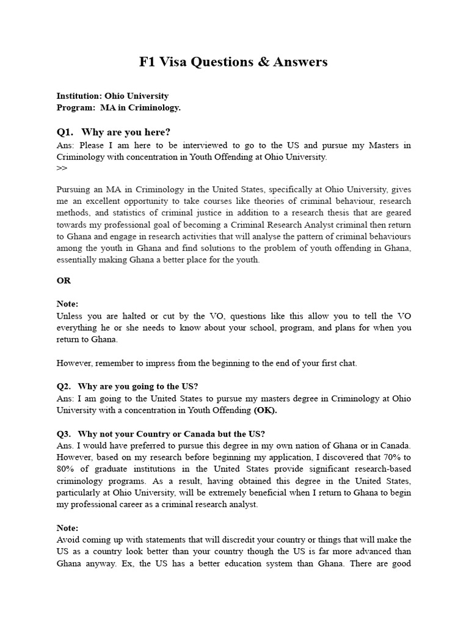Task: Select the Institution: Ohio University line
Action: pyautogui.click(x=112, y=96)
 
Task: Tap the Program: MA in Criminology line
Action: pyautogui.click(x=118, y=107)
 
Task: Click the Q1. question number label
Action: pyautogui.click(x=65, y=132)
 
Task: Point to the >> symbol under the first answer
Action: pyautogui.click(x=62, y=168)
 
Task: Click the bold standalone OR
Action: pyautogui.click(x=64, y=281)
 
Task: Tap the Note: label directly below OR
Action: pyautogui.click(x=67, y=304)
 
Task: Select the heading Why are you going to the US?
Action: pyautogui.click(x=138, y=386)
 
